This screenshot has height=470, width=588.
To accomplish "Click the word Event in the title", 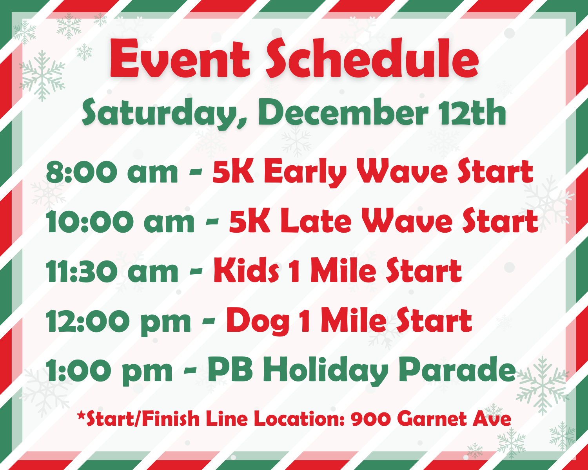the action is coord(180,58).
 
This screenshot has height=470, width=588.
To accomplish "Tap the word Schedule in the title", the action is coord(372,58).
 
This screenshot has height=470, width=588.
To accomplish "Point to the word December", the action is coord(344,112).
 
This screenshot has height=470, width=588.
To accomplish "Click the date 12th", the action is coord(472,112).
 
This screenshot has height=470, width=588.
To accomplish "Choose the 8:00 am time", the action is coord(112,172).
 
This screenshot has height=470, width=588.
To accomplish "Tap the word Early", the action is coord(305,173).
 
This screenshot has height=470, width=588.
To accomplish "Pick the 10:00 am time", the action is coord(120,221).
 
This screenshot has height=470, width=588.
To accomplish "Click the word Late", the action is coord(316,221).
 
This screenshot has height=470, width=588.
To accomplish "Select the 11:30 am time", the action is coord(112,271).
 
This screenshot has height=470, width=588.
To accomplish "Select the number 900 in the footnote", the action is coord(370,419).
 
